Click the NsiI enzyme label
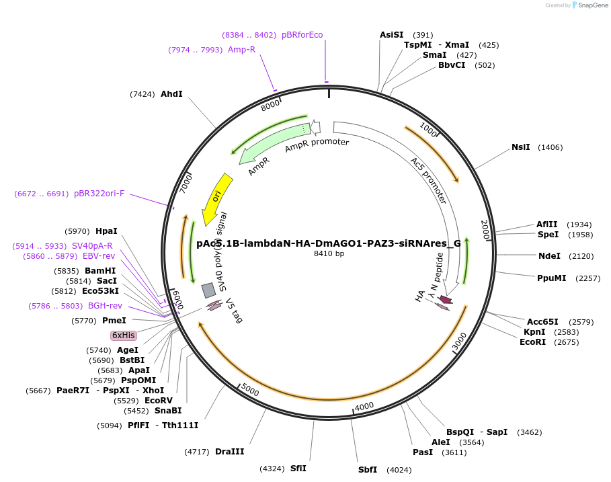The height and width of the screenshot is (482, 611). click(521, 147)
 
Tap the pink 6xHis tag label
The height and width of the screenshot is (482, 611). click(124, 335)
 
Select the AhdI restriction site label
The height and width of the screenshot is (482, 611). click(171, 94)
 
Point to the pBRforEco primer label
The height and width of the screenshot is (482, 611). click(302, 35)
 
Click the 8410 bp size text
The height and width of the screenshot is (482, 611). click(329, 253)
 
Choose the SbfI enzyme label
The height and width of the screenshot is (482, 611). click(368, 470)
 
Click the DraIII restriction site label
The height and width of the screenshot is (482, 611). click(230, 452)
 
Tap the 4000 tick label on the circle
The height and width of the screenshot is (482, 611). click(364, 406)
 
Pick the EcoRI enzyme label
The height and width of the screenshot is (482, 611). click(532, 342)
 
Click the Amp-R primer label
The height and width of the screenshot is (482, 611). click(241, 50)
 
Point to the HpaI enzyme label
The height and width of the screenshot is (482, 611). click(106, 231)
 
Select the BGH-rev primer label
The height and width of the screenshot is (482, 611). click(105, 306)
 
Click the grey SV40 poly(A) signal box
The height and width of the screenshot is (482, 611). click(209, 290)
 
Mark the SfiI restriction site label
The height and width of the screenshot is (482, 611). click(298, 468)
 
